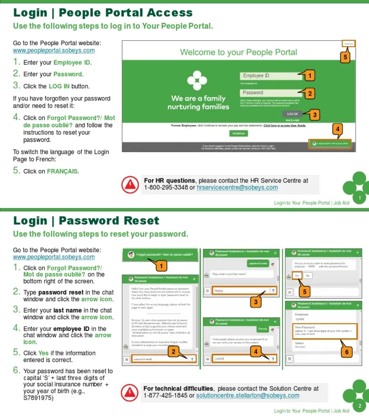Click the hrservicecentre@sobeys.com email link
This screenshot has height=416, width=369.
[237, 187]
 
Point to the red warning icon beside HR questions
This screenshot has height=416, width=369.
[129, 184]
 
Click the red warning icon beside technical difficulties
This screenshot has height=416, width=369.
[129, 392]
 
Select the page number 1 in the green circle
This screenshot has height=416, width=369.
[359, 198]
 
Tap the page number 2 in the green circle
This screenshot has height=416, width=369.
[359, 406]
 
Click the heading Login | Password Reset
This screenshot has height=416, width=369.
[86, 221]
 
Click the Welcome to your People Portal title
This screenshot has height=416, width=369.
[238, 52]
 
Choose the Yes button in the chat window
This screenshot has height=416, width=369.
[297, 275]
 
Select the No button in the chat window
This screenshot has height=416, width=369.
[307, 275]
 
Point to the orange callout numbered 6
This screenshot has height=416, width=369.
[346, 352]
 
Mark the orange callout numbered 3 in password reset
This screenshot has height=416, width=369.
[256, 302]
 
